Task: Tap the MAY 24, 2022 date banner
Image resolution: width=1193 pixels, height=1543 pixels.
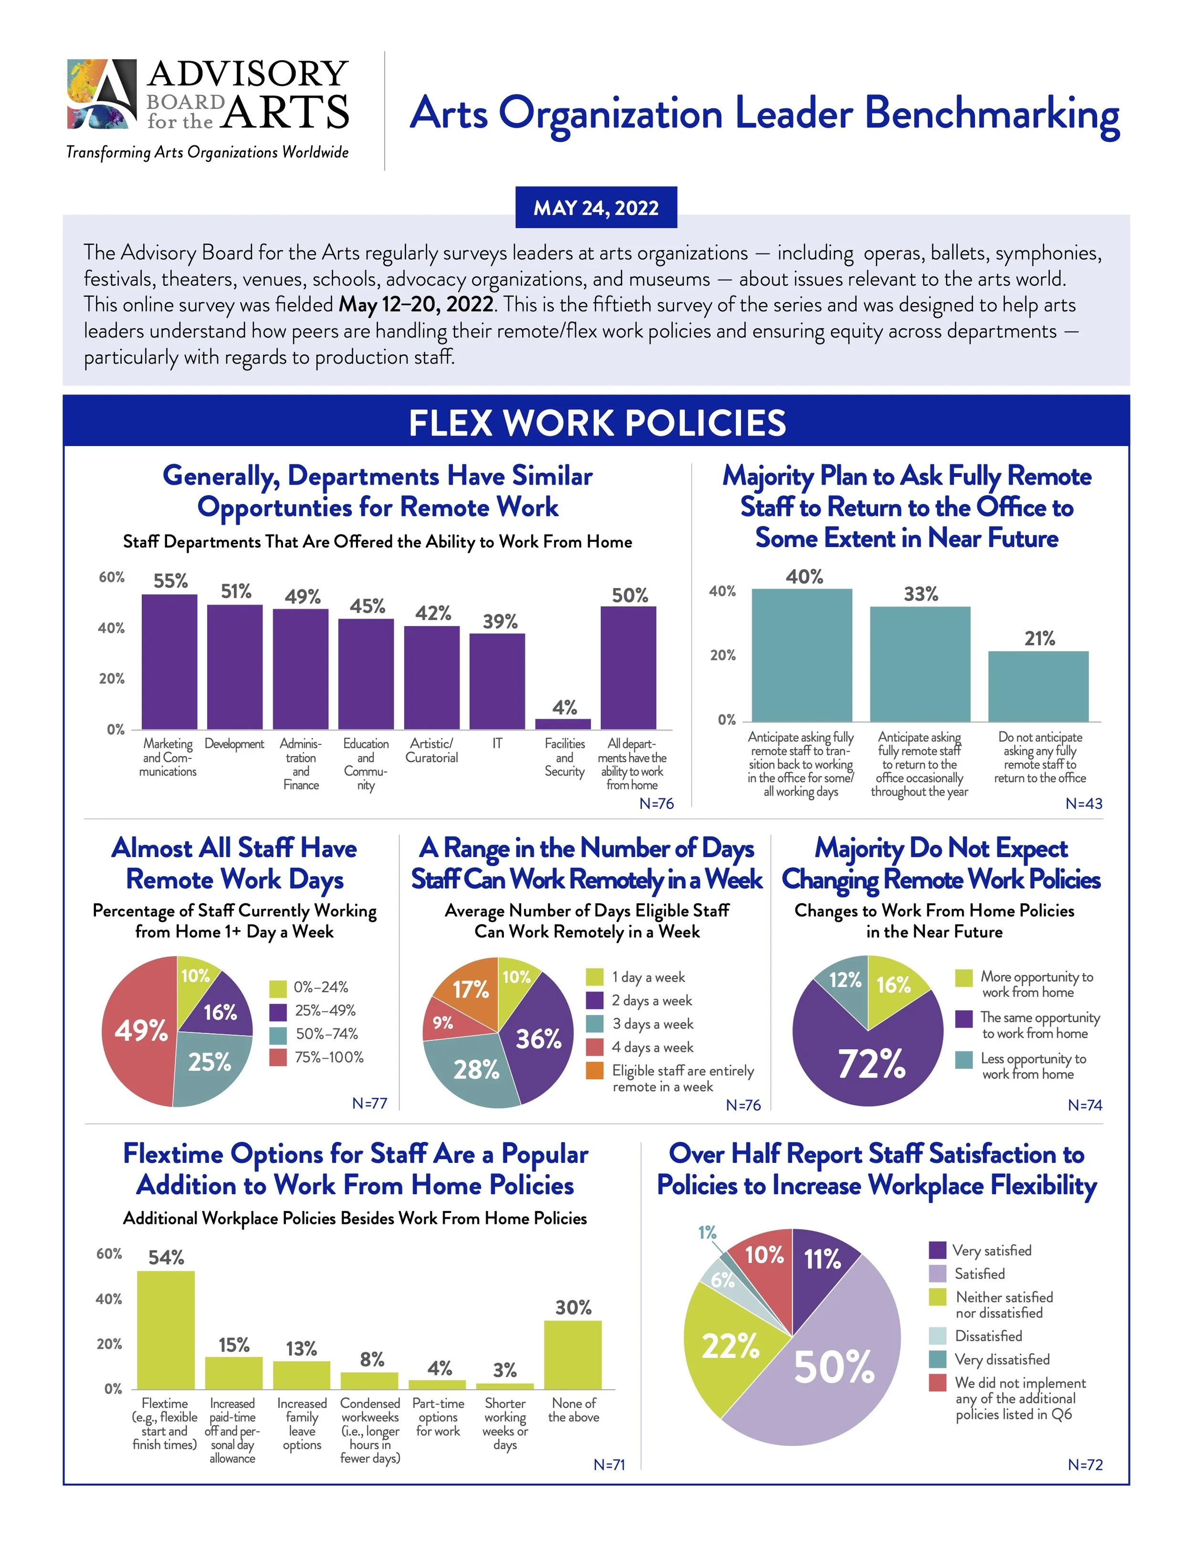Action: point(596,207)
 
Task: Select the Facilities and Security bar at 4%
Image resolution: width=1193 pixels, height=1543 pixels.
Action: point(563,724)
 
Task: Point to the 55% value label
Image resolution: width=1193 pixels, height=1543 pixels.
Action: point(170,581)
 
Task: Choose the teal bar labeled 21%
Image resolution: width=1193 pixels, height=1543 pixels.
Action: point(1038,685)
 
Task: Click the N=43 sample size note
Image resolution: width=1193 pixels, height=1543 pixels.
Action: point(1083,803)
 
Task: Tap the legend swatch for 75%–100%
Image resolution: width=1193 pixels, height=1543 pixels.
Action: point(278,1057)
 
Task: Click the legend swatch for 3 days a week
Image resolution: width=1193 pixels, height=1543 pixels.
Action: point(595,1024)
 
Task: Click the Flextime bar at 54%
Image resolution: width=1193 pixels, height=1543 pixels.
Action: point(166,1330)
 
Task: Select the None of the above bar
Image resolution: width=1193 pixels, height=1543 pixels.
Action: point(573,1355)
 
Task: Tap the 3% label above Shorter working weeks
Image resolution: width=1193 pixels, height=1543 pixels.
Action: point(504,1370)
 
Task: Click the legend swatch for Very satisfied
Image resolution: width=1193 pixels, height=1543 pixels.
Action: point(937,1250)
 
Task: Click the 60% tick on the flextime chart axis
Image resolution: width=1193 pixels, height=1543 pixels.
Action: point(109,1254)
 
